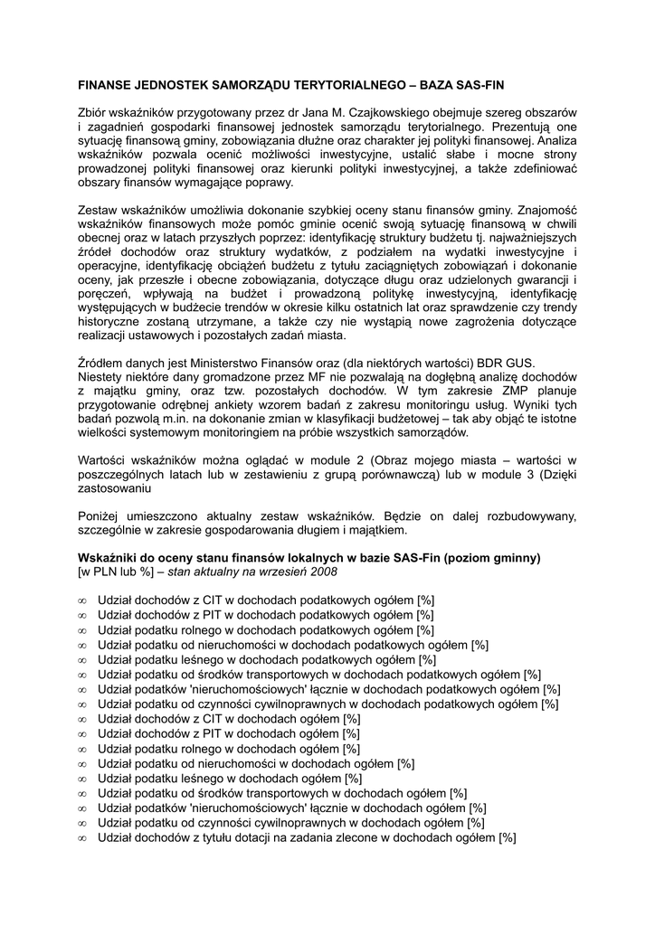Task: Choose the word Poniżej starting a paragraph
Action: (100, 515)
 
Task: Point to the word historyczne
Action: (112, 321)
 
